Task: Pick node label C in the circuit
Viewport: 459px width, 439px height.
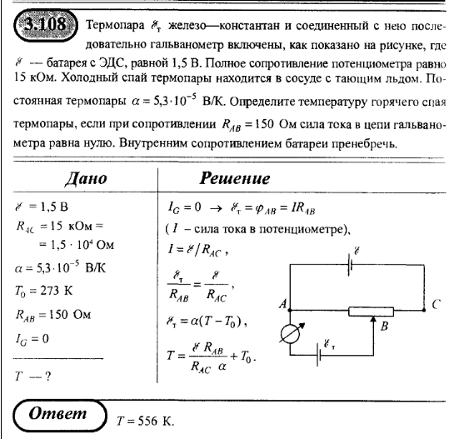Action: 437,305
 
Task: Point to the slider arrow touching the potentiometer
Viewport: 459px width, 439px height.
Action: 381,320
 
